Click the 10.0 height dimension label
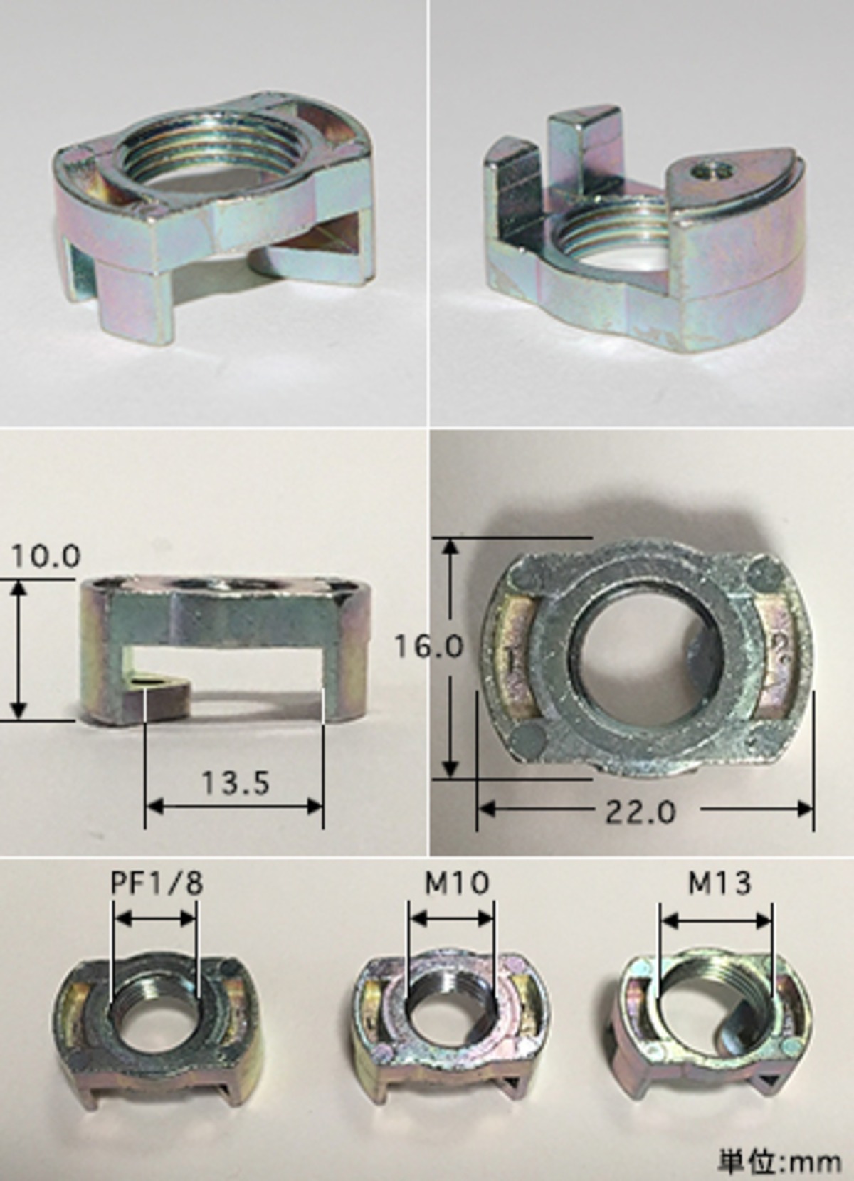click(x=46, y=557)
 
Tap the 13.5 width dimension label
click(x=235, y=783)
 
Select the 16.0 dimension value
click(x=429, y=646)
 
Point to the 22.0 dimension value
click(x=640, y=812)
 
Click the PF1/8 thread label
click(x=157, y=883)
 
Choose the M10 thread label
click(x=457, y=883)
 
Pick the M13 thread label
click(x=719, y=883)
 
